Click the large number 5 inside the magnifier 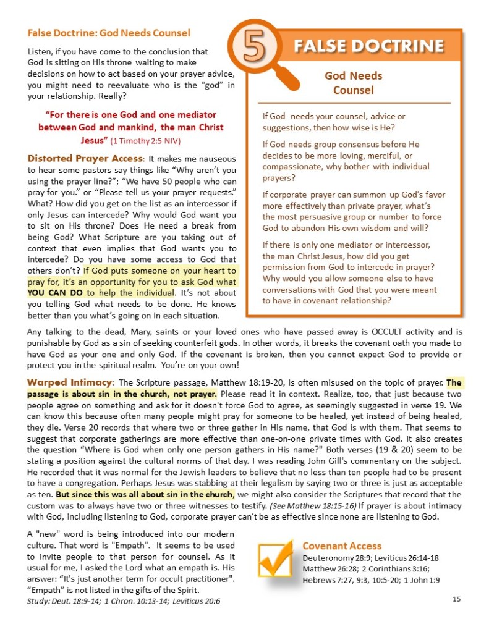point(252,49)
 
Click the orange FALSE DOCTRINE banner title point(368,46)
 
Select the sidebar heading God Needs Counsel point(353,83)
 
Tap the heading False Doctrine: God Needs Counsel point(109,33)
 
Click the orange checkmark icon point(274,559)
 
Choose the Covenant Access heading point(342,546)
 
